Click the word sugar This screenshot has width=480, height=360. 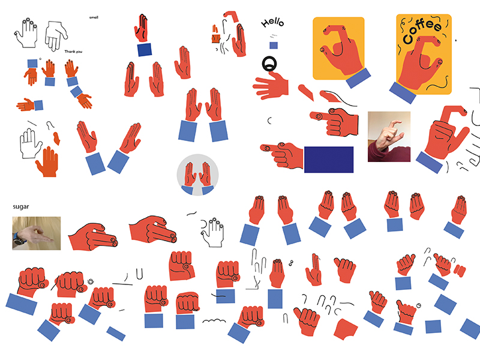pyautogui.click(x=21, y=206)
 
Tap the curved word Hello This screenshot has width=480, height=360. pyautogui.click(x=272, y=22)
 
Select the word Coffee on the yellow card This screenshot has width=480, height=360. pyautogui.click(x=422, y=31)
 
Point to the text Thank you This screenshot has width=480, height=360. pyautogui.click(x=73, y=52)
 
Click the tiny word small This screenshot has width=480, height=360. pyautogui.click(x=94, y=17)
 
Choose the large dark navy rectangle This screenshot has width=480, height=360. pyautogui.click(x=329, y=160)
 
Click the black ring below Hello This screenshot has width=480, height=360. pyautogui.click(x=269, y=64)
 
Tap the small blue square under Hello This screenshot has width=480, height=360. pyautogui.click(x=274, y=46)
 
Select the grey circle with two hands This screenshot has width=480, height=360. pyautogui.click(x=198, y=175)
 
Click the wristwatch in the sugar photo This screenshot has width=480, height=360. pyautogui.click(x=19, y=238)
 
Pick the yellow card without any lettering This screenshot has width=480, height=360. pyautogui.click(x=338, y=49)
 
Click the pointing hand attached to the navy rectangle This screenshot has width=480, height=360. pyautogui.click(x=282, y=155)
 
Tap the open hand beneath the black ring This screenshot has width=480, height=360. pyautogui.click(x=271, y=86)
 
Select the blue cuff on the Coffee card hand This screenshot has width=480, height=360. pyautogui.click(x=403, y=92)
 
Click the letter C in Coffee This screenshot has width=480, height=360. pyautogui.click(x=408, y=38)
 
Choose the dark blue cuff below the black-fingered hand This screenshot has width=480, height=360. pyautogui.click(x=145, y=49)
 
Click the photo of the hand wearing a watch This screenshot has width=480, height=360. pyautogui.click(x=37, y=233)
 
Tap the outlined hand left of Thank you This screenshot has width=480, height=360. pyautogui.click(x=56, y=35)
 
